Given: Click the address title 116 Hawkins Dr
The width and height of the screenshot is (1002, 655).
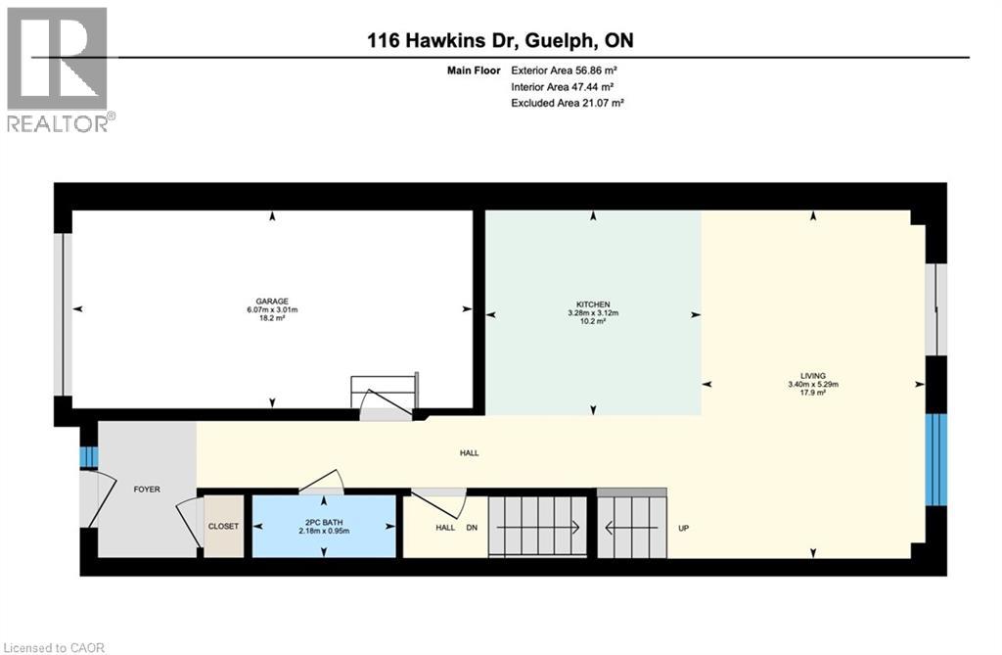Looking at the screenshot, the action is coord(445,40).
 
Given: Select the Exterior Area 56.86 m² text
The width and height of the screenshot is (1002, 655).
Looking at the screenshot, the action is coord(564,70).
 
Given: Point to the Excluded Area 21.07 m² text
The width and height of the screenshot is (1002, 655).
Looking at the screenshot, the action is coord(567,103).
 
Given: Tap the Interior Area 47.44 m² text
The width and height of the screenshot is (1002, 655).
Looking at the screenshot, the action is coord(563,86).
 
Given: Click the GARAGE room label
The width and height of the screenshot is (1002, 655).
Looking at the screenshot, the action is coord(272,302).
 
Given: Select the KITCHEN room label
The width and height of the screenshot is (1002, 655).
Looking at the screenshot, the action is coord(593,304).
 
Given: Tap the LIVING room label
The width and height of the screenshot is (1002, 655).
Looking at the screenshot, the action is coord(813,376).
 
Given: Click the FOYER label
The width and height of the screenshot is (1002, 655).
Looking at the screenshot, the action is coord(147,490).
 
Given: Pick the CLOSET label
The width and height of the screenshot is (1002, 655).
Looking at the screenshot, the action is coord(223,527).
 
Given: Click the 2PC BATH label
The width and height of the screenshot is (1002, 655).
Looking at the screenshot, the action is coord(324,523).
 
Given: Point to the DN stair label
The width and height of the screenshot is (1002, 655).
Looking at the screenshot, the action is coord(472,528).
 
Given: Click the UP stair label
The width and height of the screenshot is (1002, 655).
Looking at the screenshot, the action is coord(683,529).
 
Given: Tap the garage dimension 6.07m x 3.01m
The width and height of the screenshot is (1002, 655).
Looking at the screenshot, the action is coord(272,309).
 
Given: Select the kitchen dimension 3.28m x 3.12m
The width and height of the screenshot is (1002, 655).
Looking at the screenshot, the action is coord(593,312).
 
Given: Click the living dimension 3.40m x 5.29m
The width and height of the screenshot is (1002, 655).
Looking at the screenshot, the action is coord(813,385).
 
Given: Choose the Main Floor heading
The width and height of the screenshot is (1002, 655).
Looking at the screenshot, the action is coord(474,70).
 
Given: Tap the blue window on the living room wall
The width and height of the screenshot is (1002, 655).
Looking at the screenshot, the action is coord(936,459).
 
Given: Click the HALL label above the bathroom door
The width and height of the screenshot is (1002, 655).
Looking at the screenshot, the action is coord(469,453).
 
